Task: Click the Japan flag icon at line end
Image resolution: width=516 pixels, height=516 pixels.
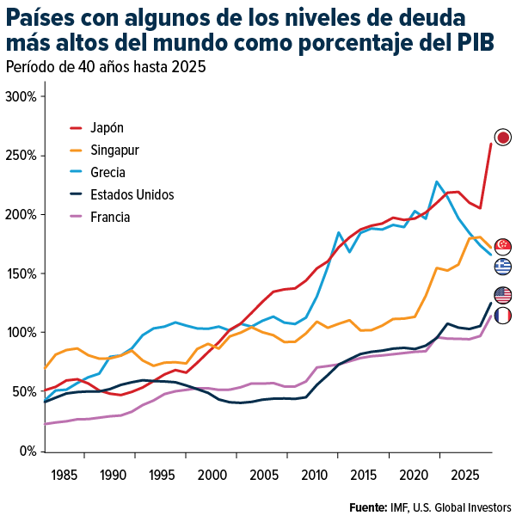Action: [x=503, y=137]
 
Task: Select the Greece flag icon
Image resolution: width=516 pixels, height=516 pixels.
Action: [x=503, y=267]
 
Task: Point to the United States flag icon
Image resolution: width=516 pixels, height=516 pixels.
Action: [x=503, y=295]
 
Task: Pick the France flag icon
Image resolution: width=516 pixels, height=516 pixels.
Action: [x=503, y=316]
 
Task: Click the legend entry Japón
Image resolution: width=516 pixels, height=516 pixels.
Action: [x=107, y=127]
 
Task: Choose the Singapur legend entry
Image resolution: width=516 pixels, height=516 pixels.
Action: [x=114, y=150]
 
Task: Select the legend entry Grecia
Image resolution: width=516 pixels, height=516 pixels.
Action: [x=108, y=172]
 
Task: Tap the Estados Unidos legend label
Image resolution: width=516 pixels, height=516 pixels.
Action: [x=132, y=194]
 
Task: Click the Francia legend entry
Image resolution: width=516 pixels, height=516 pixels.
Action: [x=110, y=217]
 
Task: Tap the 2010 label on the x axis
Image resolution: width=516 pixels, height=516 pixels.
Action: [x=313, y=474]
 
